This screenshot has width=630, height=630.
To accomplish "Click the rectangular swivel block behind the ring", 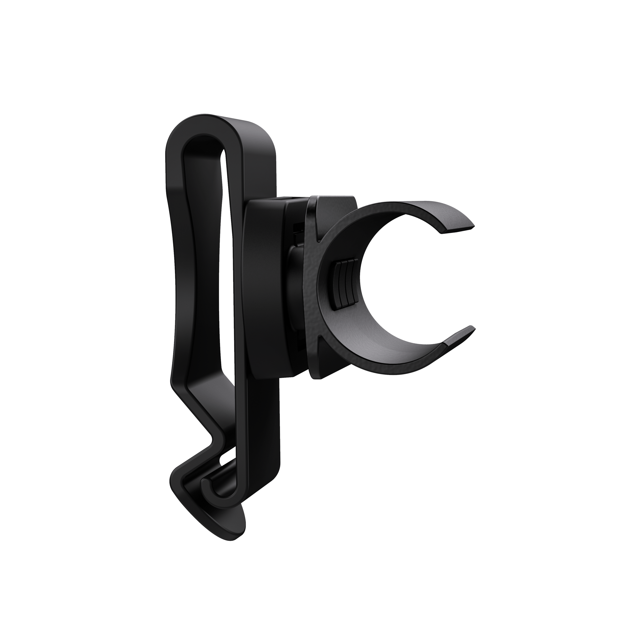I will coord(264,287).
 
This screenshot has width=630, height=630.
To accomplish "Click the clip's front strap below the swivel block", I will coord(264,424).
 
